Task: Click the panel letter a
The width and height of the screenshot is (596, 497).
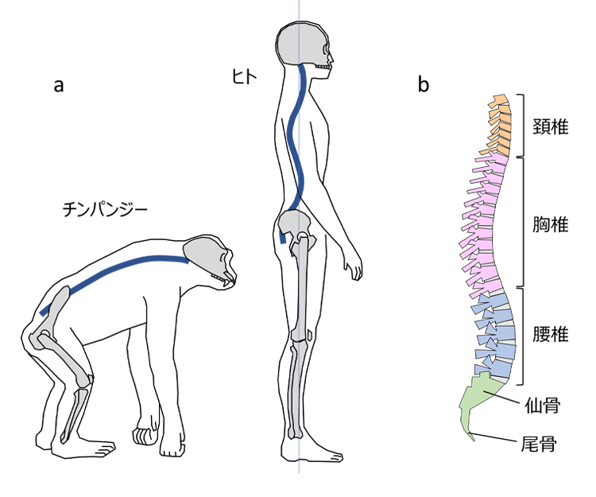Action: (58, 86)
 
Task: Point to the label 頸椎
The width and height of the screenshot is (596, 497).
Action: (550, 125)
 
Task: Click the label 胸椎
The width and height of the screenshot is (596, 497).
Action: (550, 224)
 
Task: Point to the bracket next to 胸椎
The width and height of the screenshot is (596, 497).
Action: (520, 223)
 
